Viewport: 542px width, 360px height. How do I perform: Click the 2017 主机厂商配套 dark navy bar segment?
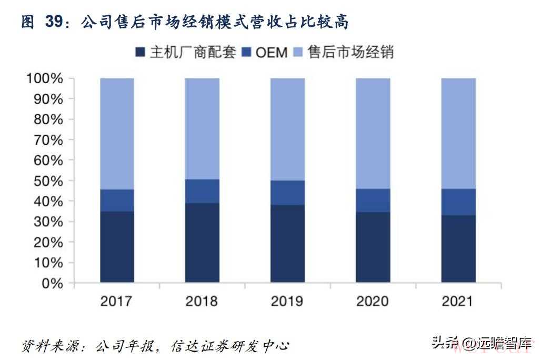coord(117,247)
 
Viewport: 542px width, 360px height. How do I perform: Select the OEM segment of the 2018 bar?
coord(202,191)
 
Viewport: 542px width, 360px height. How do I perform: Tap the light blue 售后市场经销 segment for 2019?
coord(287,129)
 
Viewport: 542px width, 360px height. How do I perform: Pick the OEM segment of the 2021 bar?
coord(458,202)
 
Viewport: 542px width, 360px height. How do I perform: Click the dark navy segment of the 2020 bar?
coord(373,247)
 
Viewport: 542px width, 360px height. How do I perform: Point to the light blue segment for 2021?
coord(458,133)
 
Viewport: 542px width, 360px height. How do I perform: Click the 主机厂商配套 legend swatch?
coord(140,53)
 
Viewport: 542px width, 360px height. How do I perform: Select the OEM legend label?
coord(272,53)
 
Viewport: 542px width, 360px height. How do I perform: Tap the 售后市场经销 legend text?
coord(351,53)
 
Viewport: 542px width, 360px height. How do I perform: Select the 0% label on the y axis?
coord(52,283)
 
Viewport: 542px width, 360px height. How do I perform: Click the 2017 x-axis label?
coord(117,301)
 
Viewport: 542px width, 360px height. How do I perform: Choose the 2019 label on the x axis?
coord(287,301)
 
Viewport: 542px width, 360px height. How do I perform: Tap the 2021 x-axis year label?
coord(458,301)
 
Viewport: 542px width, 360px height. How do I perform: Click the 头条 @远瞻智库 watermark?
coord(481,343)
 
